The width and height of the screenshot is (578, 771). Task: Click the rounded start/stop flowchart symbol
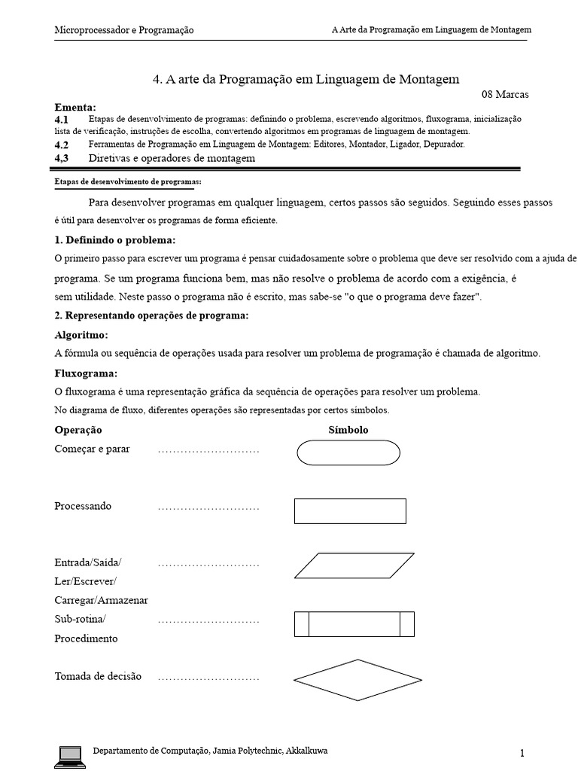coord(348,453)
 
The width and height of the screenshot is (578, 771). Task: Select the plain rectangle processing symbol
coord(350,510)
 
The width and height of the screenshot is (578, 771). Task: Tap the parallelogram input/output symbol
coord(349,565)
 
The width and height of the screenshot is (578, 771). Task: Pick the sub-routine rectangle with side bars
coord(354,623)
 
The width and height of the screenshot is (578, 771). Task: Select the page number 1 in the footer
coord(521,753)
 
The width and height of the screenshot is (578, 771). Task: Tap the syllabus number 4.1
coord(62,120)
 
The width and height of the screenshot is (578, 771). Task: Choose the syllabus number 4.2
coord(62,145)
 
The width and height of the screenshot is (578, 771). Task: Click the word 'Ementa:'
coord(75,107)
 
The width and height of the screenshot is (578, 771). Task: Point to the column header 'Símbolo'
coord(348,430)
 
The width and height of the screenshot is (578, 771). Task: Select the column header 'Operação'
coord(78,430)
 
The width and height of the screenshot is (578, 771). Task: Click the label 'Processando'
coord(83,506)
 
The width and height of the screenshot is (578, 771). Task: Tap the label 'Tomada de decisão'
coord(98,676)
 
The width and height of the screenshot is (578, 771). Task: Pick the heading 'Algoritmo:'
coord(82,334)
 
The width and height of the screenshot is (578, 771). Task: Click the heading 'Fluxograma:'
coord(86,373)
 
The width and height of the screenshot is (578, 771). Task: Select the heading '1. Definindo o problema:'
coord(115,240)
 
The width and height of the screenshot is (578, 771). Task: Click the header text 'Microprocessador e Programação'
coord(124,30)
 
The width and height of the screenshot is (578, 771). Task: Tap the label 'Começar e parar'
coord(92,449)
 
